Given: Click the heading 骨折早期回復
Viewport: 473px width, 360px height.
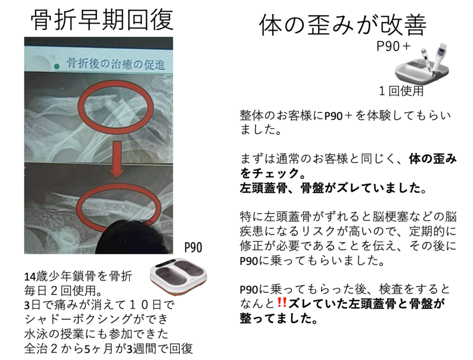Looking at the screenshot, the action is (102, 19).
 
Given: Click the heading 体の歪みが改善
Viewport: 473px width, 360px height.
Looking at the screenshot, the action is (343, 25).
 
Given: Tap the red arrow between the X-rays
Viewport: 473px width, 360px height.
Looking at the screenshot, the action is (117, 159).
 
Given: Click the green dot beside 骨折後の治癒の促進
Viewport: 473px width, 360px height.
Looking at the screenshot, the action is (56, 66).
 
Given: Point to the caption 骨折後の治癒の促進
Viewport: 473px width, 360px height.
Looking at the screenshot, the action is (116, 64).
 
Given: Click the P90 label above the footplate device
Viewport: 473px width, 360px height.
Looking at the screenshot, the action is (193, 247).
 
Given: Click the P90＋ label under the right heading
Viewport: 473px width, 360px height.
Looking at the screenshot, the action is (394, 46).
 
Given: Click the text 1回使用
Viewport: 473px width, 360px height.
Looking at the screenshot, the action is (401, 91).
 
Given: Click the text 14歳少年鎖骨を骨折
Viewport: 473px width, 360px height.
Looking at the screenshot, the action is (78, 276).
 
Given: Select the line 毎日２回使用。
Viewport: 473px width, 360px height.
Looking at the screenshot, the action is (63, 291).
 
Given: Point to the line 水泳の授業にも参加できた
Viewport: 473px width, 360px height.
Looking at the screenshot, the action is (96, 334).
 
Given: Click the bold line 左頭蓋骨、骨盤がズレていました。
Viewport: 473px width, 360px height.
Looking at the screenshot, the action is (334, 188).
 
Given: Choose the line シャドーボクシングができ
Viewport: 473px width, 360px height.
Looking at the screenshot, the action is (96, 319).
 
